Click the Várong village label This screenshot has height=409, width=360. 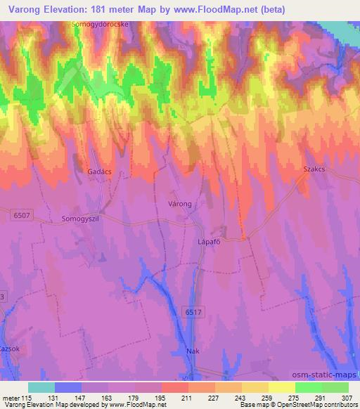(181, 202)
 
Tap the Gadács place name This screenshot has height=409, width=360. (99, 171)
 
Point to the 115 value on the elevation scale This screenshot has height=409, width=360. (29, 398)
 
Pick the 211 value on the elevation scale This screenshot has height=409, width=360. (188, 398)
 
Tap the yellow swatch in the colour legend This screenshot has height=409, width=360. (281, 387)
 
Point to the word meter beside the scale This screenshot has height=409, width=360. (12, 398)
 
